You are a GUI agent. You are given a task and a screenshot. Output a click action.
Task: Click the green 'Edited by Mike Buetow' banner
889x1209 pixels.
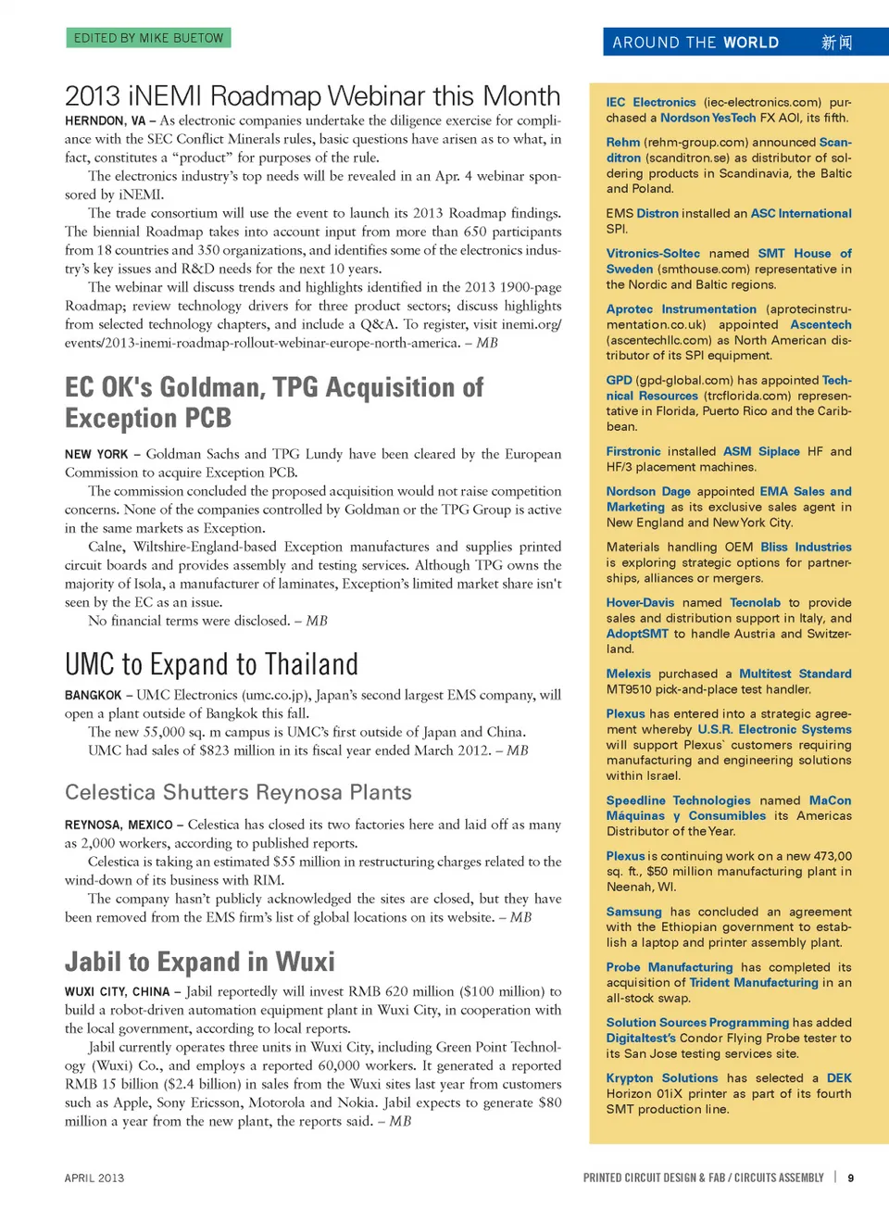point(148,38)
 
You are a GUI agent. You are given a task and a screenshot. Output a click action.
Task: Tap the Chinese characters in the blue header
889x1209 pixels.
point(836,43)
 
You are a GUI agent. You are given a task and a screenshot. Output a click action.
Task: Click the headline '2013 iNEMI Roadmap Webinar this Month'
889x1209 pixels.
point(312,96)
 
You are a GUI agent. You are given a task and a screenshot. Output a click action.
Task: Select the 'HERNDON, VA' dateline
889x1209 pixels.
point(105,121)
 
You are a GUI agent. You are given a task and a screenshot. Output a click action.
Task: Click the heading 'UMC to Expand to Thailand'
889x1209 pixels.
point(211,664)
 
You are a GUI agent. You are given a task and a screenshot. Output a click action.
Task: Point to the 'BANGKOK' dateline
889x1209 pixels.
point(93,696)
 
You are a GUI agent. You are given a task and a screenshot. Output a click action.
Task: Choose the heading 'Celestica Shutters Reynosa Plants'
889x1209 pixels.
point(238,792)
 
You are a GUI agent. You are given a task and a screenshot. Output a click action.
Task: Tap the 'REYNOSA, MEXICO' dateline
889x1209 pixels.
point(119,825)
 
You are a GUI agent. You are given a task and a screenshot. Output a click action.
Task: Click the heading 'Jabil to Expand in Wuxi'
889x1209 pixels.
point(199,962)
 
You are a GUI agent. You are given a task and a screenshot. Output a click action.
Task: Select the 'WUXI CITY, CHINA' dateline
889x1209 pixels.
point(117,992)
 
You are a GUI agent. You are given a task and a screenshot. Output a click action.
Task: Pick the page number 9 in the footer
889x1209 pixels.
point(851,1178)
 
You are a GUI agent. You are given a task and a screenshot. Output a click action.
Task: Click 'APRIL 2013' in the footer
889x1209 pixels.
point(94,1178)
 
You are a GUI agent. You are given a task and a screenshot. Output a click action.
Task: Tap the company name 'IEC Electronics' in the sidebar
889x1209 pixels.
point(650,103)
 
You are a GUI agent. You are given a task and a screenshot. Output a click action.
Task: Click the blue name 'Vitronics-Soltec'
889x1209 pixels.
point(653,254)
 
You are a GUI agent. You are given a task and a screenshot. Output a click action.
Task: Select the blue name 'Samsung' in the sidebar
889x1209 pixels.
point(633,913)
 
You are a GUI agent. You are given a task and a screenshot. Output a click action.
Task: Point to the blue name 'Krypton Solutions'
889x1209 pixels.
point(661,1078)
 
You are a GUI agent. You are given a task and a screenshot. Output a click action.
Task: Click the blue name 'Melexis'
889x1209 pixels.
point(628,674)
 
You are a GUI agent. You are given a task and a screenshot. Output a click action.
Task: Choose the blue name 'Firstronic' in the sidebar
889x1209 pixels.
point(633,452)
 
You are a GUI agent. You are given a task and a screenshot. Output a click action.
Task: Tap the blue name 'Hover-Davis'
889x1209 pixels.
point(640,603)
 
